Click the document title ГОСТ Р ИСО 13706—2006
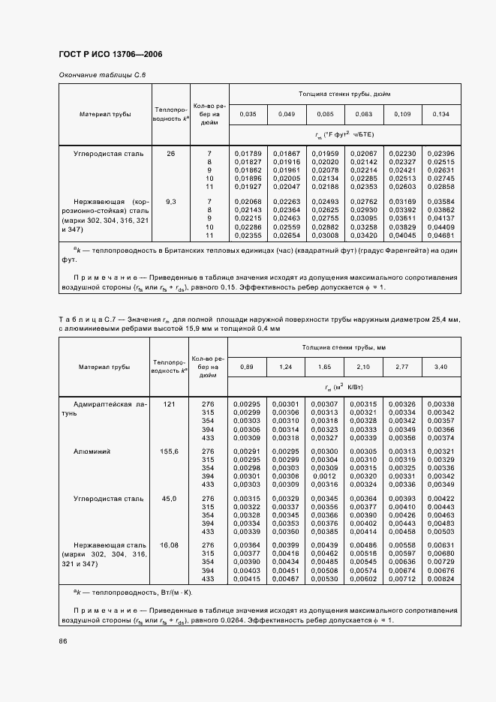[x=110, y=55]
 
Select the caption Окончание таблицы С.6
[x=101, y=76]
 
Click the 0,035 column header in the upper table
[x=248, y=114]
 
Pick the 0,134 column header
[x=440, y=114]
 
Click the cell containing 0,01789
[x=248, y=154]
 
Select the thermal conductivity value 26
[x=170, y=154]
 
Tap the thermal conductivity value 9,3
[x=170, y=202]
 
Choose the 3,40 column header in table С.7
[x=440, y=367]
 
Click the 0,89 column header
[x=248, y=367]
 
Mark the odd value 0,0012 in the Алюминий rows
[x=325, y=476]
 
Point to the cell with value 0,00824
[x=440, y=580]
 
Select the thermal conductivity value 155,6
[x=170, y=451]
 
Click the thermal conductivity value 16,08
[x=170, y=544]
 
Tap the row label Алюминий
[x=92, y=451]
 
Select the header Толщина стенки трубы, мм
[x=344, y=347]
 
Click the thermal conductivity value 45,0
[x=170, y=498]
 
